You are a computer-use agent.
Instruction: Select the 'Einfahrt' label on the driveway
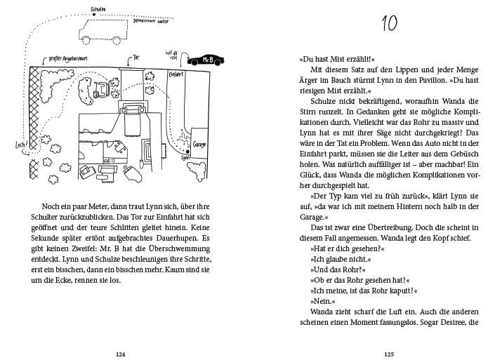176,74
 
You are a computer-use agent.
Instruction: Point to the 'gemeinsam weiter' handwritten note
138,22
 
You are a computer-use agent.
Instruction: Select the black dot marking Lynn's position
189,151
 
